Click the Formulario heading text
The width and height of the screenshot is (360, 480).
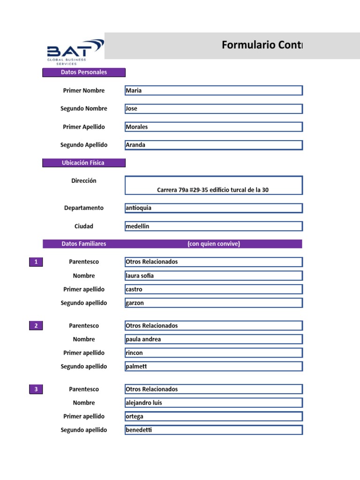click(x=262, y=45)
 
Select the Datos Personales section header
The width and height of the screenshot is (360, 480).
click(x=84, y=72)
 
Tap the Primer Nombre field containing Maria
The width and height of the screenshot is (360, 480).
click(x=213, y=90)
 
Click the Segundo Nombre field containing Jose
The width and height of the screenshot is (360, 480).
click(x=213, y=109)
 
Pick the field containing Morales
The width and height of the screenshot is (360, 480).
click(x=213, y=127)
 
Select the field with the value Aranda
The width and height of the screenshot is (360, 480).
click(x=213, y=145)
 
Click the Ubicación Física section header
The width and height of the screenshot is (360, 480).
click(x=84, y=163)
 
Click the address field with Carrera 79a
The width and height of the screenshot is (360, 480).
click(x=213, y=185)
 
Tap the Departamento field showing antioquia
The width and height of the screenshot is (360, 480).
click(x=213, y=208)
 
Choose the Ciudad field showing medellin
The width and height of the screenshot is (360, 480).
click(x=213, y=226)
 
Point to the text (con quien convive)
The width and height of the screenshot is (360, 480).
click(x=213, y=244)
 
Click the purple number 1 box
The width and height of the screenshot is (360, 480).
click(x=36, y=262)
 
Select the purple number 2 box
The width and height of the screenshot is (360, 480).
click(x=36, y=326)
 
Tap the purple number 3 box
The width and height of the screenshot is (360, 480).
click(x=36, y=389)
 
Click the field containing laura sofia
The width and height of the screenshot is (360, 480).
click(x=213, y=276)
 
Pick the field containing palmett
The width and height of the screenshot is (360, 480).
click(x=213, y=367)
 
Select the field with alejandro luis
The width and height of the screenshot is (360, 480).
click(x=213, y=403)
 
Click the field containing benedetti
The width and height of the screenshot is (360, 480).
click(x=213, y=430)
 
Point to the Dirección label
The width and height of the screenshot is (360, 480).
click(x=84, y=181)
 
